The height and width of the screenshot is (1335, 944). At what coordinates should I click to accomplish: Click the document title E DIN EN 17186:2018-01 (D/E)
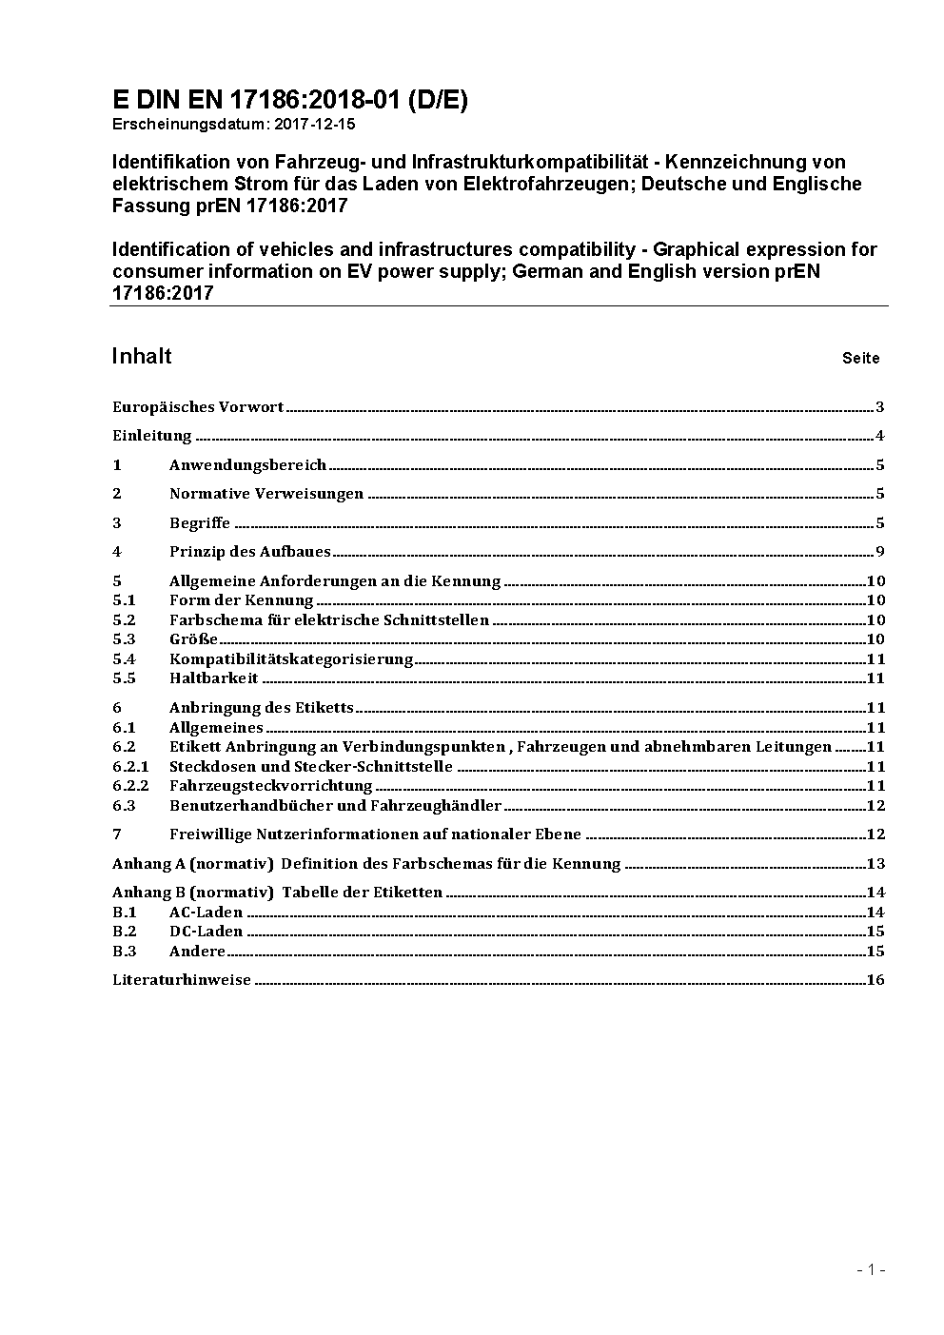click(289, 100)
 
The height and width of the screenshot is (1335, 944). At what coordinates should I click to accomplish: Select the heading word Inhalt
click(142, 356)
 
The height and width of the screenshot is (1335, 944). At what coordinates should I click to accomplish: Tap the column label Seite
click(860, 359)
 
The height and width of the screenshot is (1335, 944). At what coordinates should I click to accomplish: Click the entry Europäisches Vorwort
click(198, 407)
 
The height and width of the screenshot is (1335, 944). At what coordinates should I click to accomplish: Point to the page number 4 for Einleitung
click(880, 437)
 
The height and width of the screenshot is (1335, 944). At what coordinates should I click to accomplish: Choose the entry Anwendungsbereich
click(247, 465)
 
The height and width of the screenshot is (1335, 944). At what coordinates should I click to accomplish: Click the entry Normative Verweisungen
click(266, 494)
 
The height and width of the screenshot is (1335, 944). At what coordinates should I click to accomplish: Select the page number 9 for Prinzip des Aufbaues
click(880, 552)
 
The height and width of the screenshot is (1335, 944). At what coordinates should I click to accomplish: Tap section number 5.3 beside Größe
click(124, 639)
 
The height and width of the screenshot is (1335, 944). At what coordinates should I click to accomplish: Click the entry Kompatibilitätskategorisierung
click(291, 659)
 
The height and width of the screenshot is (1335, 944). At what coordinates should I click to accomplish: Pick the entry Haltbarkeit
click(214, 678)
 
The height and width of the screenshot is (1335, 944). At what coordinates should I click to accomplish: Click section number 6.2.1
click(130, 767)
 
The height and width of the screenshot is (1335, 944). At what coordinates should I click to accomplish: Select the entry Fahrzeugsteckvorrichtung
click(270, 786)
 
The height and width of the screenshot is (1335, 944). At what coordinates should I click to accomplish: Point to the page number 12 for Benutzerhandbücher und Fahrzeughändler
click(875, 806)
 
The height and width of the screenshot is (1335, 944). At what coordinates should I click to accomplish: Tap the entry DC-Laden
click(206, 932)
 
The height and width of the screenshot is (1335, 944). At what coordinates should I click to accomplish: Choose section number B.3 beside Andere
click(124, 952)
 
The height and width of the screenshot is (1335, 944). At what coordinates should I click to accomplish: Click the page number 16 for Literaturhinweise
click(875, 980)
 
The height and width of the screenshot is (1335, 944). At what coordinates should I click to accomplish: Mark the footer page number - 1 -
click(871, 1269)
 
